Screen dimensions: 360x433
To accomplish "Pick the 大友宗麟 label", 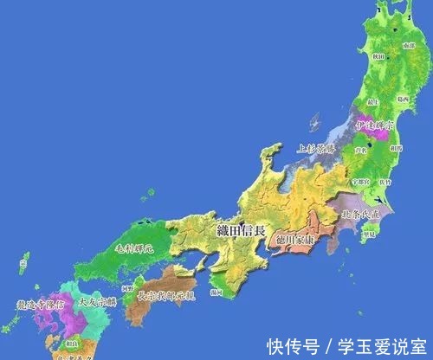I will click(95, 303).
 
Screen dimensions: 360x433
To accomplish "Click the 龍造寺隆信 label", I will click(40, 305).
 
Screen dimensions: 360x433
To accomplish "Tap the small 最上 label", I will click(373, 102).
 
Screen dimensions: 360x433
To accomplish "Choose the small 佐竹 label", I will click(385, 183).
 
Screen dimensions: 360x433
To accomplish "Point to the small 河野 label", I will click(128, 285).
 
